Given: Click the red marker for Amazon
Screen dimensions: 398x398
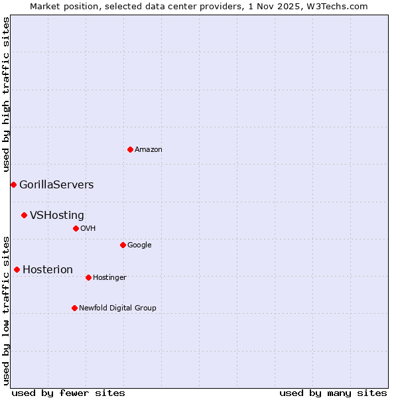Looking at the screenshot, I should tap(130, 149).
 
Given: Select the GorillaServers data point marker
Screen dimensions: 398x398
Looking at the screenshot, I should tap(13, 184).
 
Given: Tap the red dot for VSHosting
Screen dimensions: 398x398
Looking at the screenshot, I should tap(24, 215).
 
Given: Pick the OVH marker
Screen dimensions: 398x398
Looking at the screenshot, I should tap(76, 228).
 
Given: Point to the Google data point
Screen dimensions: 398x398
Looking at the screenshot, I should tap(123, 245).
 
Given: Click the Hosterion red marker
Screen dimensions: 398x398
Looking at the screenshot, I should tap(17, 269).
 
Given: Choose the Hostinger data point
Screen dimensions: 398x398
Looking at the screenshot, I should tap(88, 277).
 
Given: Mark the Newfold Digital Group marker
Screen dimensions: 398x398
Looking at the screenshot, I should tap(74, 308).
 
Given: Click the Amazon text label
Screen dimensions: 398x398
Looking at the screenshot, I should tap(149, 150).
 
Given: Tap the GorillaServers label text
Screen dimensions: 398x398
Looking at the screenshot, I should tap(56, 185).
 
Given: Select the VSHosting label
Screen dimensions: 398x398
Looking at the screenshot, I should tap(57, 216).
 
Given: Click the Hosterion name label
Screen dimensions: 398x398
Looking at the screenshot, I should tap(48, 270).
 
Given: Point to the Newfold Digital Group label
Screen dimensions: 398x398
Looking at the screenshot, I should tap(117, 308).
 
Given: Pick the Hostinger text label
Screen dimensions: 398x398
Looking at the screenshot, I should tap(109, 277).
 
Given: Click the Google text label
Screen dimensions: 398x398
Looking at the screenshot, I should tap(139, 245).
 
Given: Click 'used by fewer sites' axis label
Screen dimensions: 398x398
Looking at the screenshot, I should tap(68, 393).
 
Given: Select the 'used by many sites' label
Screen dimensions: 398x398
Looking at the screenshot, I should tap(333, 393).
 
